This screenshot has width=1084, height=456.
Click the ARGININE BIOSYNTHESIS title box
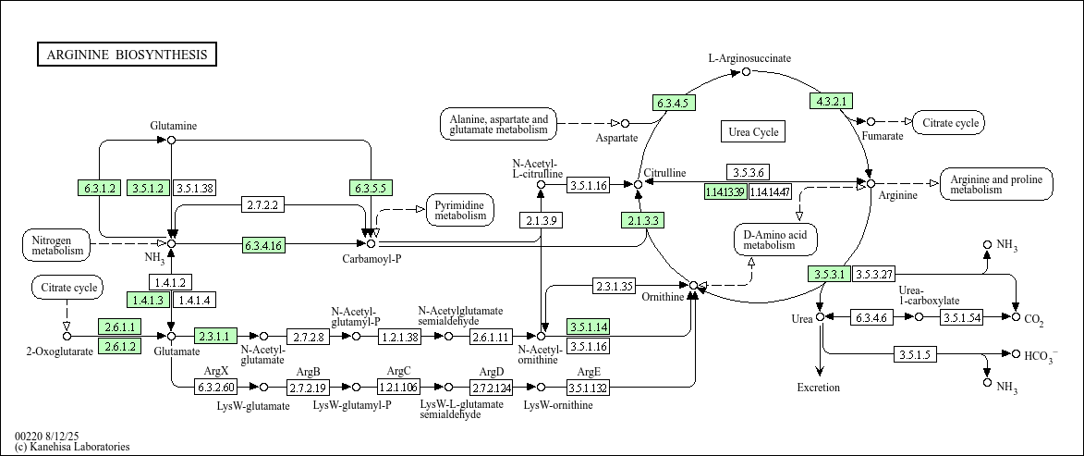pos(127,55)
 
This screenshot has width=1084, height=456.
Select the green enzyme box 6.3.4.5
pos(674,103)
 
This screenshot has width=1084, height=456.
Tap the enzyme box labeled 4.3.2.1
pos(831,101)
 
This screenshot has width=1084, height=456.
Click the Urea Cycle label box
pos(753,132)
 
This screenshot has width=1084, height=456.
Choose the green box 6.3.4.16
pos(263,244)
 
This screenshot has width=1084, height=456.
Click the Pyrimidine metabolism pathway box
pos(460,211)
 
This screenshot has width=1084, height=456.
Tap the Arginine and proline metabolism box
pos(996,184)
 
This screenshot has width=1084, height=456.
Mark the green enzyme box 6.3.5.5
pos(371,188)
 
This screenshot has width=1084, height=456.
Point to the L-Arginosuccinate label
pos(749,58)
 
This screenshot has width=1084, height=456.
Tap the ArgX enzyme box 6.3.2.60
pos(216,387)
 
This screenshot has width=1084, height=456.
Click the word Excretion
pos(819,388)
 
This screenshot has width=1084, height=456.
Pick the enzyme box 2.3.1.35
pos(613,286)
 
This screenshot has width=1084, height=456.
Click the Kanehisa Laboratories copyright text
pos(72,447)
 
